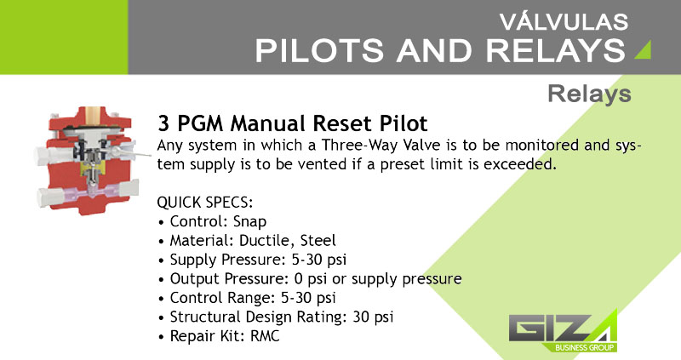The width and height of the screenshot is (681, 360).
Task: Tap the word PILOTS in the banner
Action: point(319,51)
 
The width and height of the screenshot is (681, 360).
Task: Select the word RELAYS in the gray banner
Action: point(556,51)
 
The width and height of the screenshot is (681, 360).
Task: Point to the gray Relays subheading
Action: point(589,94)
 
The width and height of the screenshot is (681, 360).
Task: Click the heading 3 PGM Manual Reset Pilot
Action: point(293,123)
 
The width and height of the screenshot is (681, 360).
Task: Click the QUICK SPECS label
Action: point(205,203)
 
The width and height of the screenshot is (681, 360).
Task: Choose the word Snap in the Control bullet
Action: point(249,222)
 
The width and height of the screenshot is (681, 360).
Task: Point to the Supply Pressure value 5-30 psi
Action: point(318,260)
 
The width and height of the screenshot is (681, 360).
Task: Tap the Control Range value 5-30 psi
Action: point(308,298)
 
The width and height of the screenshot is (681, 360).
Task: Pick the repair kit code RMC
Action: point(265,336)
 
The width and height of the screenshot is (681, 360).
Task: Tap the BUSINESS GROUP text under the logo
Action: point(584,347)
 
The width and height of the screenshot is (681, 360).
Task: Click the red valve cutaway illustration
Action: point(89,160)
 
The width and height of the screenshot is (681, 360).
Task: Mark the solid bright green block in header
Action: point(64,37)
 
